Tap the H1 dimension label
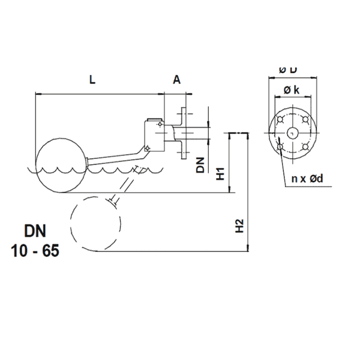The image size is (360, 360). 221,174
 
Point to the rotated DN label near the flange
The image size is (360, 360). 201,165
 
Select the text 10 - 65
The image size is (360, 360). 35,251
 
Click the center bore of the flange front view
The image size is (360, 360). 293,132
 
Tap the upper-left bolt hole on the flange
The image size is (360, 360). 280,119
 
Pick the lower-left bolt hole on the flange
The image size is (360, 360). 280,145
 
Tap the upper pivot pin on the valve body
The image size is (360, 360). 160,125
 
